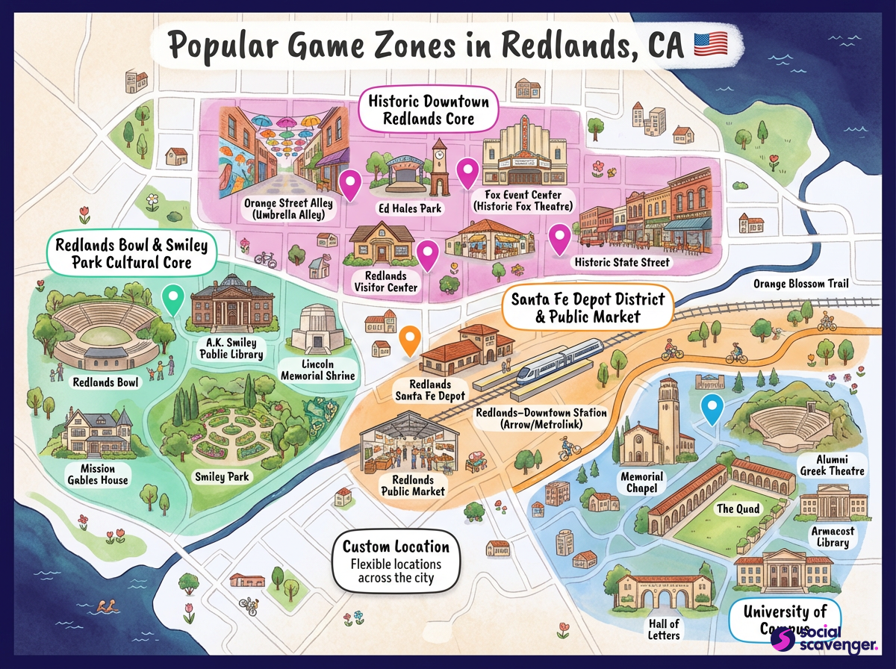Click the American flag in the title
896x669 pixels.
click(710, 45)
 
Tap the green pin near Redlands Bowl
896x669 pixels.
click(173, 300)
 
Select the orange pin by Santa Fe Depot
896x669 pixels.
click(408, 340)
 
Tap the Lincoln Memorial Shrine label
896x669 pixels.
click(317, 370)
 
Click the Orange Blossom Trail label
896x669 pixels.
click(800, 284)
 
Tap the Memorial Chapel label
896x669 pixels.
click(641, 482)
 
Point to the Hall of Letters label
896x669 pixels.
click(664, 629)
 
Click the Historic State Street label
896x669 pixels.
click(622, 262)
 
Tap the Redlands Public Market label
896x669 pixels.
click(413, 485)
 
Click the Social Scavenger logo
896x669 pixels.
click(810, 638)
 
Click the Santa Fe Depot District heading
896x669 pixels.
click(587, 308)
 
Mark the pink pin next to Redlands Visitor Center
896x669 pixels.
click(427, 255)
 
